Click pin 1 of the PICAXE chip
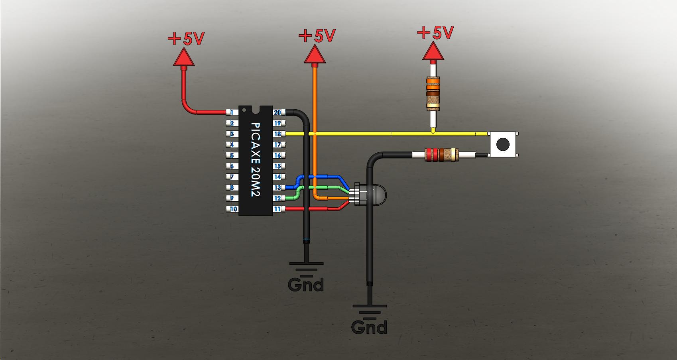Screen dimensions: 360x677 (x=232, y=113)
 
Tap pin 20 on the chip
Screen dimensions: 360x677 (x=277, y=113)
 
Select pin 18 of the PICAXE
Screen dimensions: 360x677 (x=277, y=134)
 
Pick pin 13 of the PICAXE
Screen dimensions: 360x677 (x=277, y=187)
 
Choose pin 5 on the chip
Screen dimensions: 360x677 (x=232, y=155)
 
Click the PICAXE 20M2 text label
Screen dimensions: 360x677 (x=255, y=159)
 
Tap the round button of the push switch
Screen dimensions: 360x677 (x=503, y=144)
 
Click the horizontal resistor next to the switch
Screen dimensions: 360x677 (x=441, y=154)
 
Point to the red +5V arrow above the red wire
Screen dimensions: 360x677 (x=183, y=57)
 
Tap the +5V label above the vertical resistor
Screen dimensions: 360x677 (x=435, y=33)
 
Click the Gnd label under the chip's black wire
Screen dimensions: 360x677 (x=306, y=284)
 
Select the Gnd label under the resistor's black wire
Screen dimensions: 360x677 (x=369, y=327)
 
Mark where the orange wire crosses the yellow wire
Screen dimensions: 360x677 (x=315, y=134)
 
